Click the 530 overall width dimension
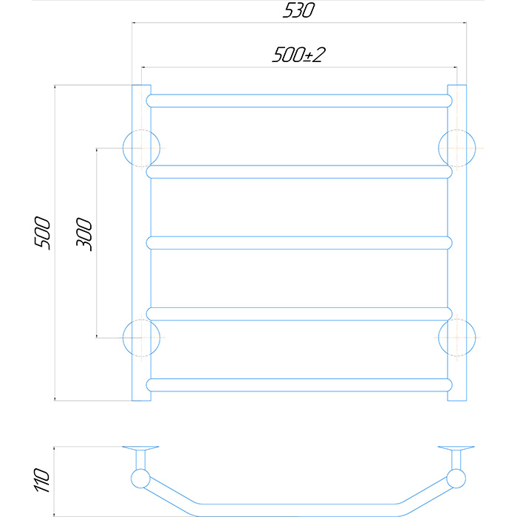tap(298, 10)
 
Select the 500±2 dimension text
tap(298, 55)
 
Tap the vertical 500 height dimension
tap(42, 233)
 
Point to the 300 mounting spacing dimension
tap(84, 234)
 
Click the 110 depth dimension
tap(42, 480)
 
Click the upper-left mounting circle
tap(142, 148)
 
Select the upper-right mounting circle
tap(457, 148)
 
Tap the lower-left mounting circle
tap(142, 338)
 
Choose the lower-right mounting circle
tap(457, 338)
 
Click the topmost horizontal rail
tap(299, 101)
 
